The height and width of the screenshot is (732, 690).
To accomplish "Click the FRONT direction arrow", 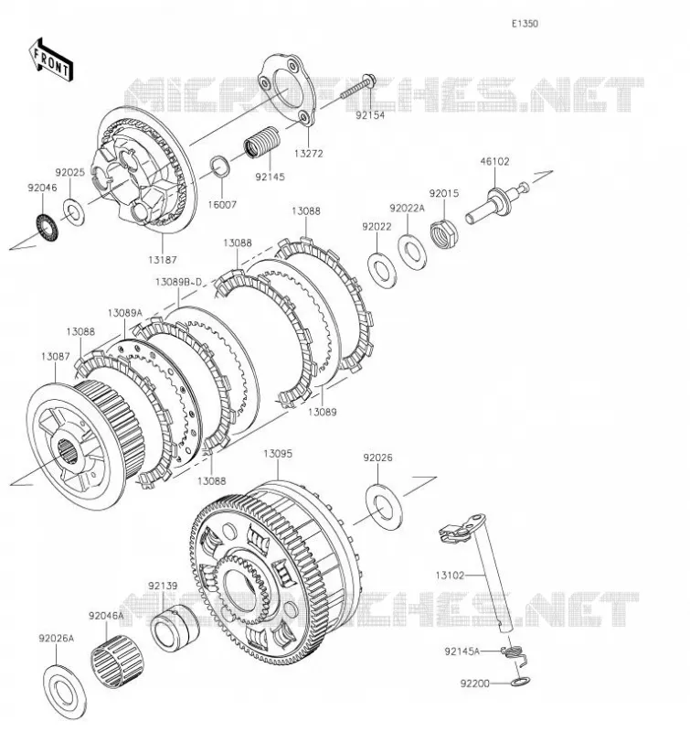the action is click(50, 59).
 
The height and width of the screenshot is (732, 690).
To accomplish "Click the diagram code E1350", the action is click(525, 24).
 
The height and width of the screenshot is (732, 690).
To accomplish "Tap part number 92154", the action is click(370, 115).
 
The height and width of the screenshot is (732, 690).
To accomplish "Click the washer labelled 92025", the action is click(74, 212).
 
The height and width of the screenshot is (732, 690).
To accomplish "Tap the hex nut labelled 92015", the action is click(443, 233).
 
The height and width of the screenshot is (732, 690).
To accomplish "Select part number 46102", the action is click(494, 162).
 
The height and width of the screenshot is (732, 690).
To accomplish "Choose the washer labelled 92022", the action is click(382, 270).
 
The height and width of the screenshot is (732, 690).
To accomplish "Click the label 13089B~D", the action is click(179, 282).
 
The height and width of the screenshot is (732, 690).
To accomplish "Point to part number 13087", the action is click(56, 356).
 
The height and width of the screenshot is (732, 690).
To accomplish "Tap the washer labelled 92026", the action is click(384, 507).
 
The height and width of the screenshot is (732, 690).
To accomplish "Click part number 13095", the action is click(278, 453).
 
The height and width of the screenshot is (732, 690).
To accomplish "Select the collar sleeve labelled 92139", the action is click(175, 628).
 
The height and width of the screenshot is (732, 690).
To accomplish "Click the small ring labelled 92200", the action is click(520, 681).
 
